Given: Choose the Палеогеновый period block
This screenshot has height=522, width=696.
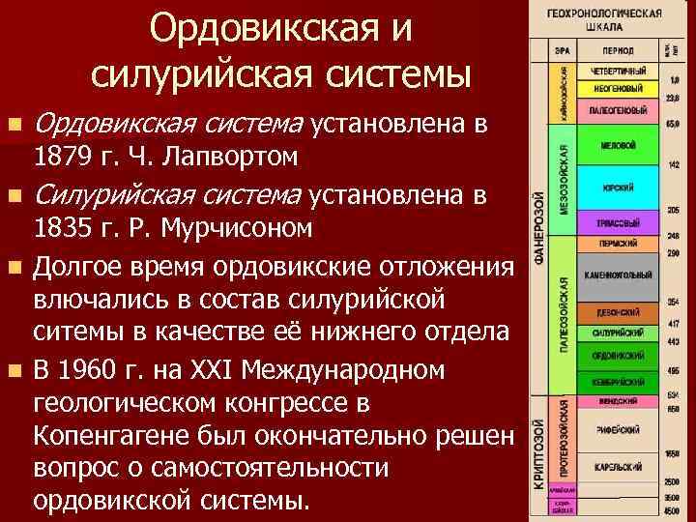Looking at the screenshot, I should tap(618, 110).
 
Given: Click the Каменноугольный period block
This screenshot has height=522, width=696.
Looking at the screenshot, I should tap(618, 276).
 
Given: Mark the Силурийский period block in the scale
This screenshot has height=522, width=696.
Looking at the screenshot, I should tap(618, 333).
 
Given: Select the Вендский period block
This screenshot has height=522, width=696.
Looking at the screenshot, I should tap(618, 400).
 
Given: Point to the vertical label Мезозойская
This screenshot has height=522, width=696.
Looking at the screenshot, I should tap(565, 185).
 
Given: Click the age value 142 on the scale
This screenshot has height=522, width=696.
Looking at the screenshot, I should tap(673, 164).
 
